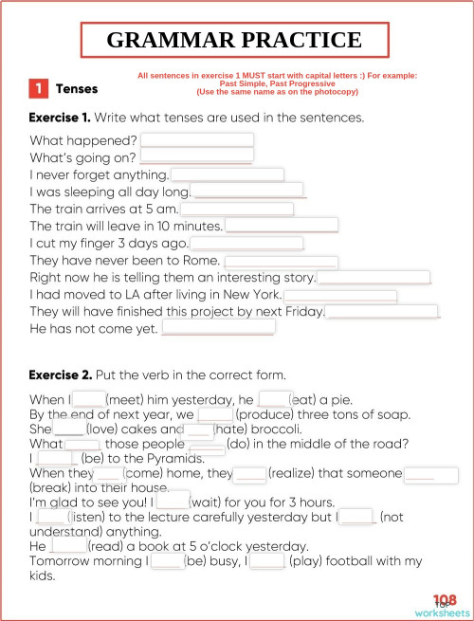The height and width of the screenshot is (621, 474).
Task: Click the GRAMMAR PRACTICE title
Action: coord(234,40)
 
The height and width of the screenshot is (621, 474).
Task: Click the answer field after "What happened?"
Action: coord(196,139)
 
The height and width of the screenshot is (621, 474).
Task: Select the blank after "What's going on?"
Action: coord(196,156)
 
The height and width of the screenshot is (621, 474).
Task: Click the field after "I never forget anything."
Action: coord(228,174)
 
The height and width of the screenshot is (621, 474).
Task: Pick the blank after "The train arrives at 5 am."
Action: coord(237,209)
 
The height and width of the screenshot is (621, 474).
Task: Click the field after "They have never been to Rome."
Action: coord(281,261)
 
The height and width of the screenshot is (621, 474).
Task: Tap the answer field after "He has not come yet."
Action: coord(218,328)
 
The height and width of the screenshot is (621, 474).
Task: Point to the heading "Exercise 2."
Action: coord(61,374)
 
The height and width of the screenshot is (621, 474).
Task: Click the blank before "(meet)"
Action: coord(88,399)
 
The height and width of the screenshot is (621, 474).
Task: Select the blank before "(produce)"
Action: coord(215,415)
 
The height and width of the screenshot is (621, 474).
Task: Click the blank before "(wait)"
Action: coord(173,499)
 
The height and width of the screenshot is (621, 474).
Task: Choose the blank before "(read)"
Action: coord(68,546)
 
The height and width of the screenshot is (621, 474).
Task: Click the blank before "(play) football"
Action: coord(267,561)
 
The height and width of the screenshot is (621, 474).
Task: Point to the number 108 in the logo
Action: coord(445,599)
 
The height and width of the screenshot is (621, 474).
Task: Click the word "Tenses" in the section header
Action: coord(77,89)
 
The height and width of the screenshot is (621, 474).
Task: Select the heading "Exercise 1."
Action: coord(61,119)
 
